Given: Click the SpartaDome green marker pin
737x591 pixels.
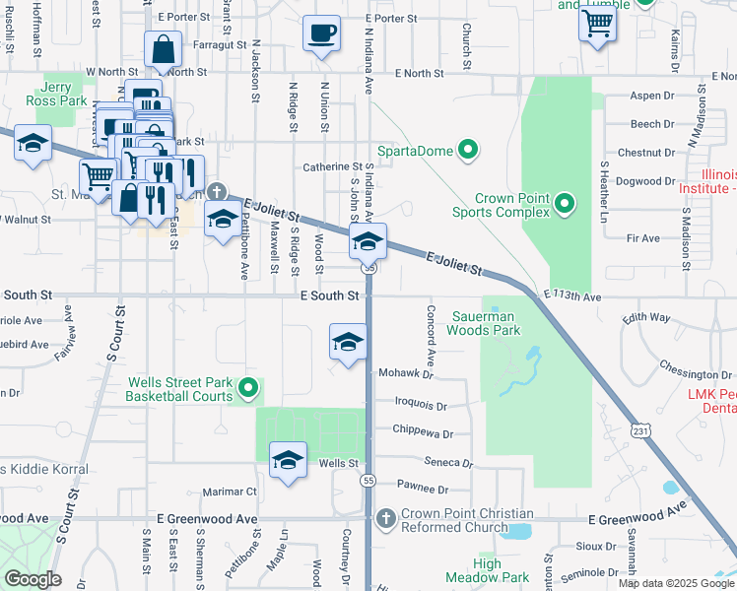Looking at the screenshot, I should [x=468, y=151].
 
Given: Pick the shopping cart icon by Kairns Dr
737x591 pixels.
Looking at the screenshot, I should [x=597, y=25].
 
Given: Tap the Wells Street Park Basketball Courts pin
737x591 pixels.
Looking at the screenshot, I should [x=248, y=390].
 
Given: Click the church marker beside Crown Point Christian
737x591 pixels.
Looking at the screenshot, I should [x=385, y=517].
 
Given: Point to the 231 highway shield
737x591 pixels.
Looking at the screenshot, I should [x=641, y=431].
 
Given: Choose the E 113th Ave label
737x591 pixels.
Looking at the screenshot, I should [x=571, y=295].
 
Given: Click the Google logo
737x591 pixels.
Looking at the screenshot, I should [x=32, y=579].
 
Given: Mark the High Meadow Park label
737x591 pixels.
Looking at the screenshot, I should [x=473, y=570].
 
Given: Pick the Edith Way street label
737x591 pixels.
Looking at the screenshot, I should [x=646, y=318].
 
